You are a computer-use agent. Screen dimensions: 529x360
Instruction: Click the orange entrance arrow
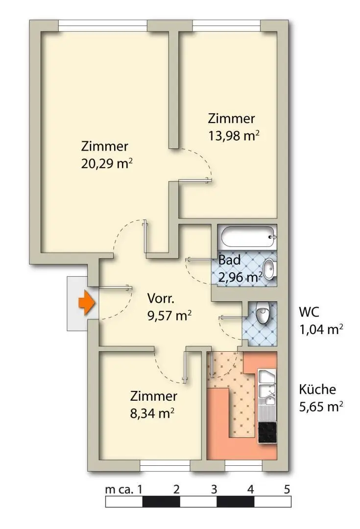[x=86, y=303]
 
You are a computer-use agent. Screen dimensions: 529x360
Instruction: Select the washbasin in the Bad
[x=269, y=268]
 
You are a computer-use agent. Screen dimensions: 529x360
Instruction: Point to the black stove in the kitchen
[x=267, y=432]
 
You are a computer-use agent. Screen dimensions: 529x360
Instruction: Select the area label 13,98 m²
[x=233, y=136]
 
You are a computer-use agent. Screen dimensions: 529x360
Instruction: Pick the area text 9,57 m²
[x=168, y=315]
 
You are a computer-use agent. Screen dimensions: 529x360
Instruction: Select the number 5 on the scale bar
[x=287, y=489]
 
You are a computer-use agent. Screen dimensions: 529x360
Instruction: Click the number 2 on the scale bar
[x=176, y=489]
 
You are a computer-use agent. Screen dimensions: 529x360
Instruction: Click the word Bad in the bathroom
[x=229, y=260]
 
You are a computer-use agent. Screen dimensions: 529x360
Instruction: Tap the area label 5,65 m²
[x=320, y=406]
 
